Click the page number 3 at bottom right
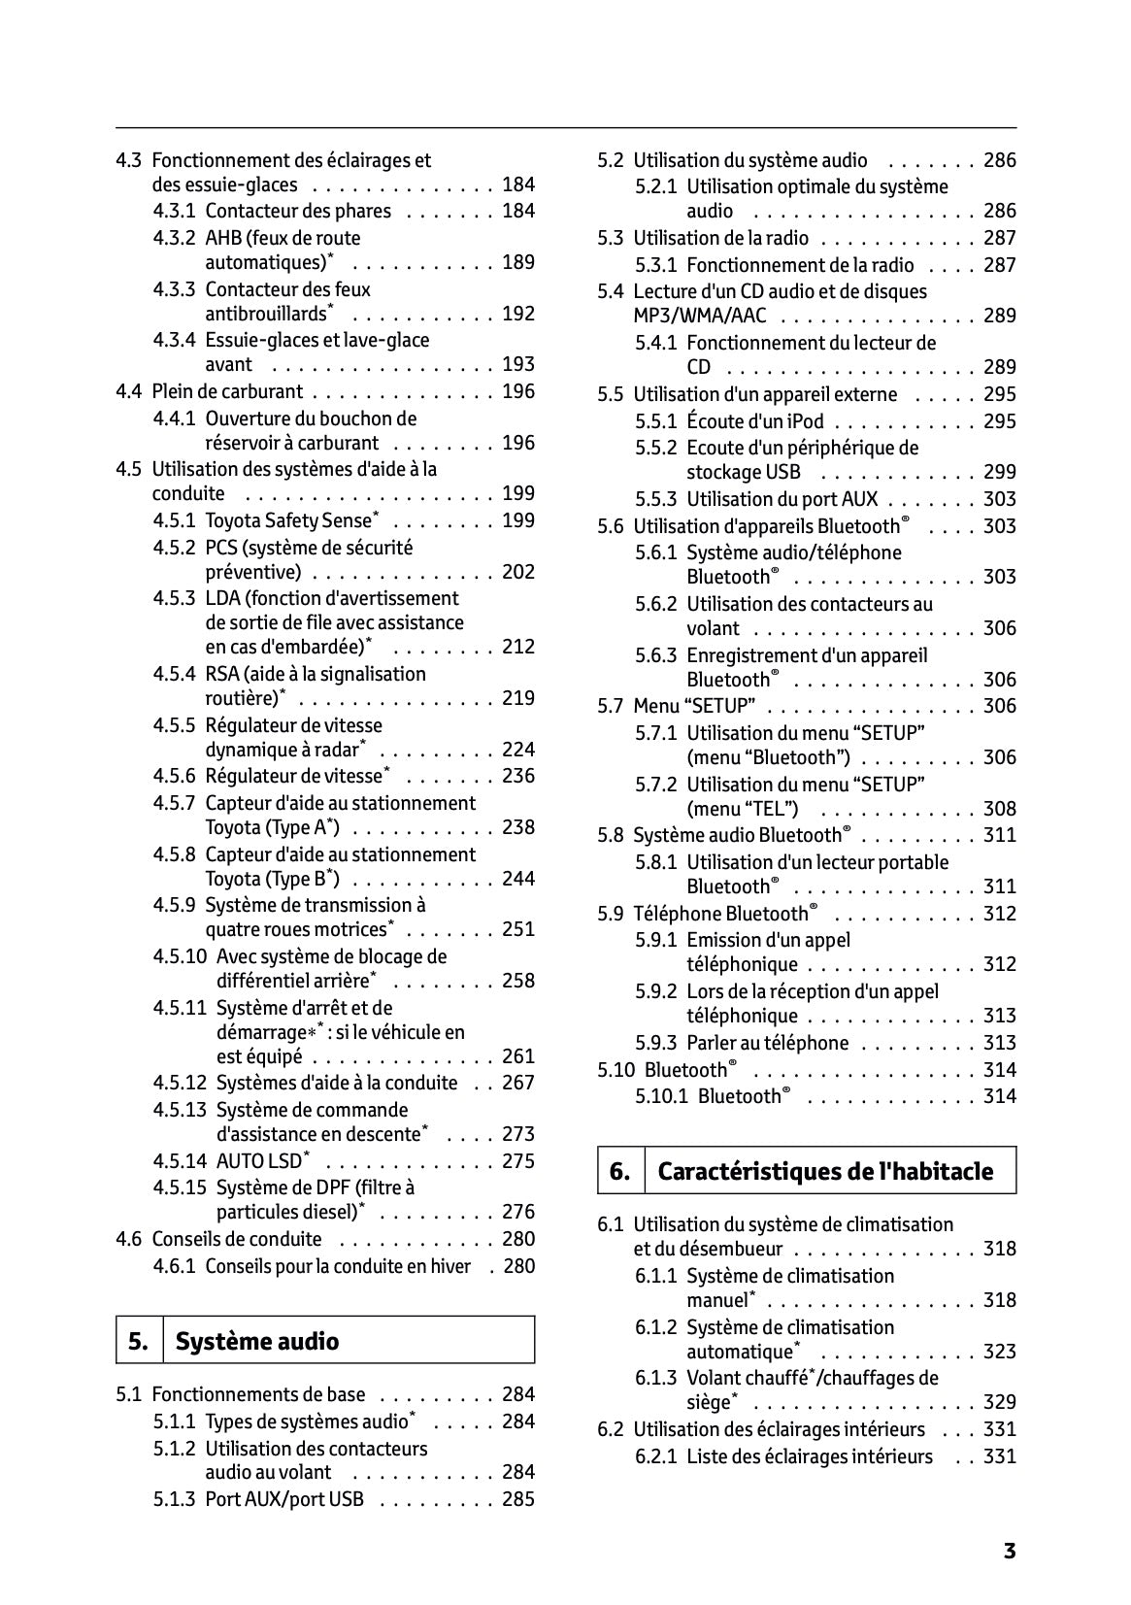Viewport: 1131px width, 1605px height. [x=1009, y=1551]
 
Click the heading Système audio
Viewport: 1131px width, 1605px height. [x=257, y=1342]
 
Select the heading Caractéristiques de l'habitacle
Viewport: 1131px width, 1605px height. [x=825, y=1171]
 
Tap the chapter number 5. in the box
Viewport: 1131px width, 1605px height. [x=139, y=1342]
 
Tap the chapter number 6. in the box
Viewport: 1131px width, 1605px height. [x=620, y=1171]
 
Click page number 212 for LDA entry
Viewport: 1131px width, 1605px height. [x=518, y=647]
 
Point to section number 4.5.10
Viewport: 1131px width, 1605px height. [x=180, y=956]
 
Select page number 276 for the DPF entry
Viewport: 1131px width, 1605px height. [x=518, y=1212]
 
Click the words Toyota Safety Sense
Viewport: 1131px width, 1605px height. [x=288, y=520]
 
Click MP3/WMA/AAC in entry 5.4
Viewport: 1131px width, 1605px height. [x=699, y=316]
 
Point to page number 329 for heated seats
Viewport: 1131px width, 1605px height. [x=1000, y=1402]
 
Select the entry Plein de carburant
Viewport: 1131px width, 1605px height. [x=227, y=392]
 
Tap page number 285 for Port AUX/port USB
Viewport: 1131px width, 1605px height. [x=518, y=1499]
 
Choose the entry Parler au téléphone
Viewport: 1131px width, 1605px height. [x=767, y=1043]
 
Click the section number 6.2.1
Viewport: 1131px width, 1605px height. [x=656, y=1456]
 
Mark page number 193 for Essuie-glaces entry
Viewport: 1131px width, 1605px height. [x=518, y=364]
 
